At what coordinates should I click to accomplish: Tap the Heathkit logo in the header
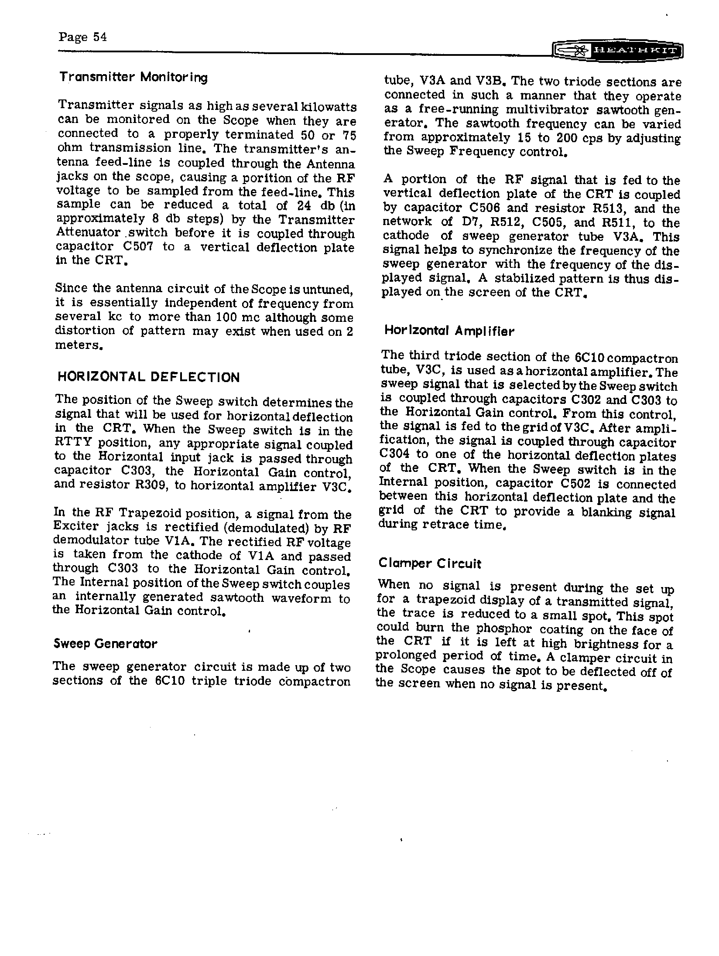pos(617,51)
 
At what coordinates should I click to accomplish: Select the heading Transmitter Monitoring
pos(133,78)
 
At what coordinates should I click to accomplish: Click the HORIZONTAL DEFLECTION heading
pos(148,377)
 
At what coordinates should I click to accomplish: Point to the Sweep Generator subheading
pos(105,644)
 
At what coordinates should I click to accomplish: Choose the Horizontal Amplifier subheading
pos(449,331)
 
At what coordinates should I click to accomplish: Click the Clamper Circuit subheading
pos(429,563)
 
